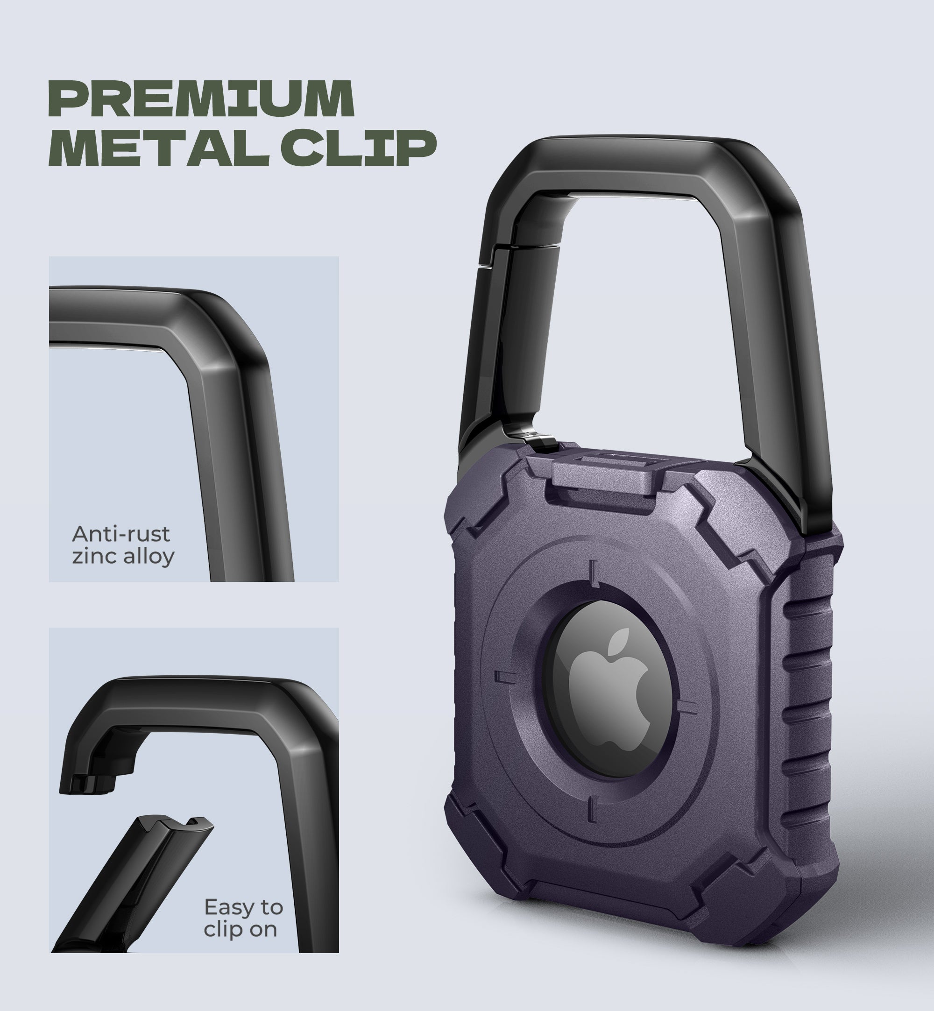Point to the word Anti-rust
121,534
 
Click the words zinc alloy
123,557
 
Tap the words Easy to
243,907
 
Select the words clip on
240,930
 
